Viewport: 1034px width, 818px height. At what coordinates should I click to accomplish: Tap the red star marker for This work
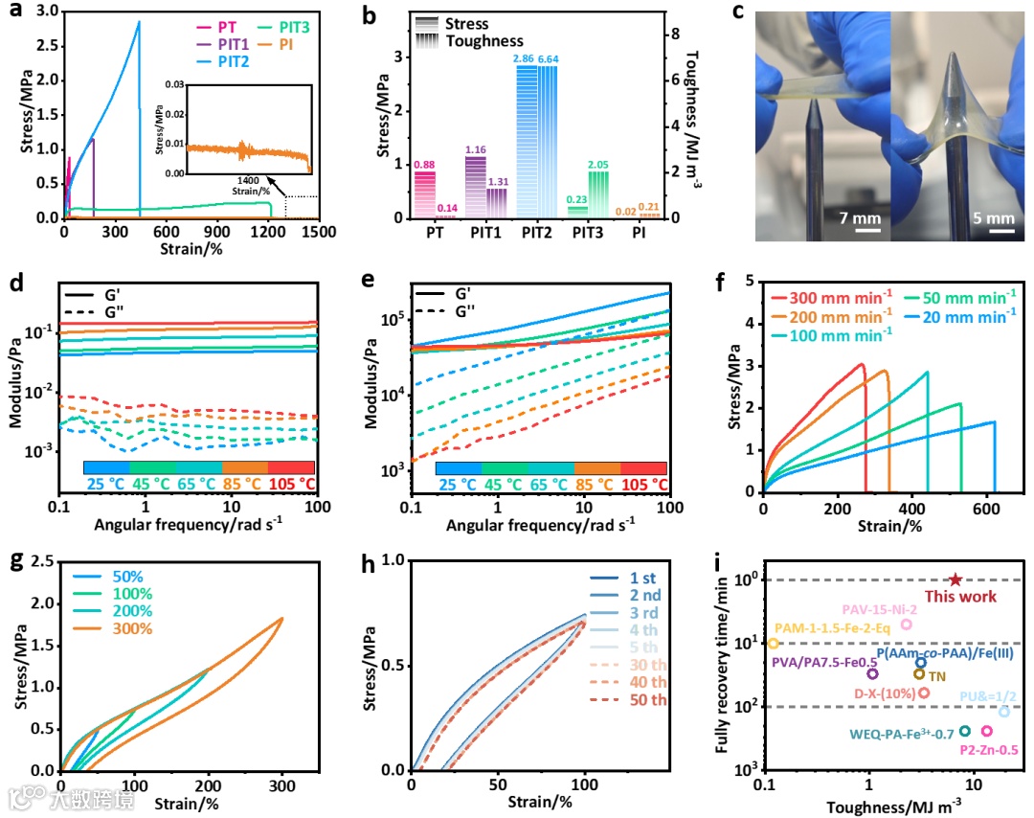(x=955, y=579)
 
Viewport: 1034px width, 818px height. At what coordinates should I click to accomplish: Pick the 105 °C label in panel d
(x=291, y=485)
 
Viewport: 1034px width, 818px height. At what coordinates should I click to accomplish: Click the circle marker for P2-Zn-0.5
(x=986, y=731)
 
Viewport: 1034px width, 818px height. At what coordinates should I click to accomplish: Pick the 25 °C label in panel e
(x=459, y=485)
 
